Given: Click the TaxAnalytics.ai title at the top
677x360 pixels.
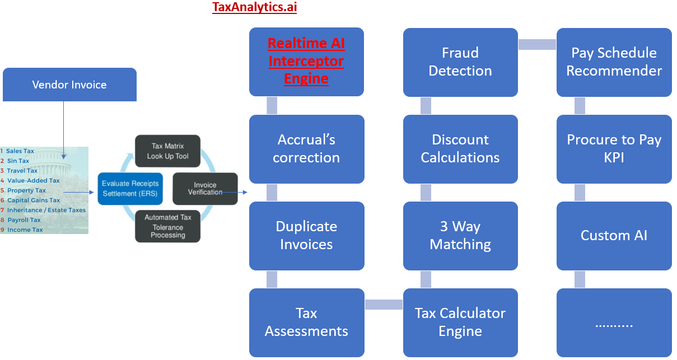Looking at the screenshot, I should click(254, 7).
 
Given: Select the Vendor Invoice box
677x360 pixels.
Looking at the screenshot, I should click(69, 85).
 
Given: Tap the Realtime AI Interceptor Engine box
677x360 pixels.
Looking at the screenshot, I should click(306, 62).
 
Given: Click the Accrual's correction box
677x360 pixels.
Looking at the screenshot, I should click(306, 148).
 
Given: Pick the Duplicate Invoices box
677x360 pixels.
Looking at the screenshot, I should click(306, 235).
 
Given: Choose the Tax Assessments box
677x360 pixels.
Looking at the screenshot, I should click(306, 322).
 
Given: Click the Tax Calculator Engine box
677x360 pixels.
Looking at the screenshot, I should click(460, 322).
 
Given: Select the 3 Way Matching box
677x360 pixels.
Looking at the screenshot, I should click(460, 235).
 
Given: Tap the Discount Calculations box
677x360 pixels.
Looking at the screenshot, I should click(460, 148).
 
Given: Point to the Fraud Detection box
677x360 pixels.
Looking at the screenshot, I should click(460, 62).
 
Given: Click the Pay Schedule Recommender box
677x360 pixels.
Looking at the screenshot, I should click(614, 62).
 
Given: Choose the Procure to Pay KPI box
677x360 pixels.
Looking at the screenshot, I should click(614, 148).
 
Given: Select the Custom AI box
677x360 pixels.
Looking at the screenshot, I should click(614, 235).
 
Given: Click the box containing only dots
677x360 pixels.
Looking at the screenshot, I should click(614, 322).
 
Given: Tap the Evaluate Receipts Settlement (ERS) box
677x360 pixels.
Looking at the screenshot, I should click(130, 189).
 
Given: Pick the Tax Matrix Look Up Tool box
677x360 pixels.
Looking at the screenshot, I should click(167, 151).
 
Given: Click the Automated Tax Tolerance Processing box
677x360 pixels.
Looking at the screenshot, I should click(167, 226).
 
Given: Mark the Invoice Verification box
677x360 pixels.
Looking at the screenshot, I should click(205, 189).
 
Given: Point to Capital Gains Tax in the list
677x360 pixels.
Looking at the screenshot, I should click(33, 200).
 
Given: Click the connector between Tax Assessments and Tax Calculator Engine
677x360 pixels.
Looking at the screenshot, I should click(384, 305).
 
